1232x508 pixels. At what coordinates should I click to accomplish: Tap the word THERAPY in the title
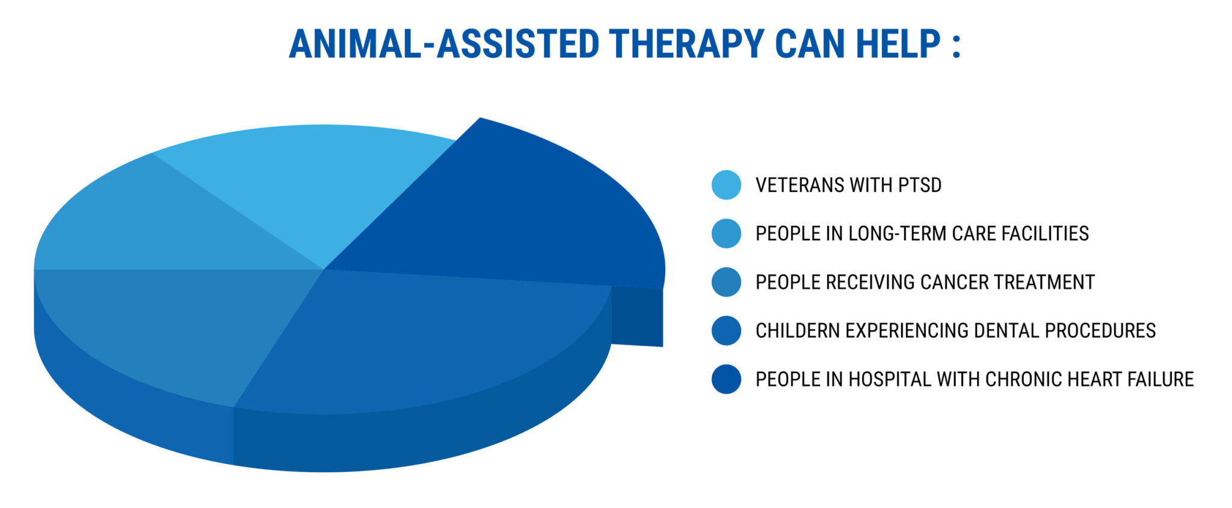tap(685, 44)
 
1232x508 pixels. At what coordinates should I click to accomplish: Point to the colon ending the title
tap(956, 46)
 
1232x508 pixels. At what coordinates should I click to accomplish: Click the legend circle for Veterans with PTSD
tap(726, 185)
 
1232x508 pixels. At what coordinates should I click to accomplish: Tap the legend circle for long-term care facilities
tap(726, 234)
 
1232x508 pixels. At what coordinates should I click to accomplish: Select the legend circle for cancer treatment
tap(726, 282)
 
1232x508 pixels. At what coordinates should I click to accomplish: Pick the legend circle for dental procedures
tap(726, 330)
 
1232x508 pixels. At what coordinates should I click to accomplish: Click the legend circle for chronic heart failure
tap(726, 379)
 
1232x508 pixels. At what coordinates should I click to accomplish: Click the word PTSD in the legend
tap(920, 185)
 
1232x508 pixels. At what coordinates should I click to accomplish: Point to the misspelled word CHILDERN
tap(798, 330)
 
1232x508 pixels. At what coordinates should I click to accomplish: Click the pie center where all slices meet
tap(324, 269)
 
